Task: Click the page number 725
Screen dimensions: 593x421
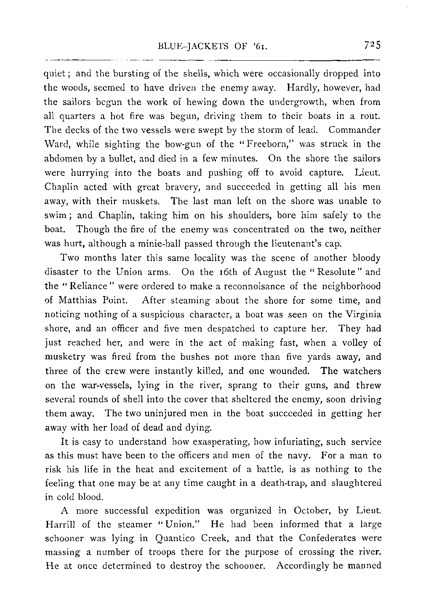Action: (370, 45)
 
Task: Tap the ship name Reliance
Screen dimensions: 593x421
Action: (89, 286)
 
